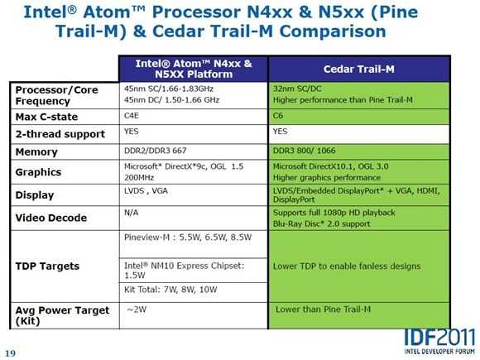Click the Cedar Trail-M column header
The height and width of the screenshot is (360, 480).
[359, 70]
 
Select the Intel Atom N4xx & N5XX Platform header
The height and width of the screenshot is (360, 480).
[194, 69]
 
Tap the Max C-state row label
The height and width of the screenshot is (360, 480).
[46, 117]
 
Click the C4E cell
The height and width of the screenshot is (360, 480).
[132, 116]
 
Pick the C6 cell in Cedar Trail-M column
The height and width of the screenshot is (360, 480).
[278, 116]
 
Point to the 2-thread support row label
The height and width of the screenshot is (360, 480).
[60, 134]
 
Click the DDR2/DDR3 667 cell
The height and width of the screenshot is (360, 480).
[156, 151]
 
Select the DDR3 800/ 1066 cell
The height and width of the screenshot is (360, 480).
[304, 151]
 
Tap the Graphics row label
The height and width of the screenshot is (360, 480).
[38, 172]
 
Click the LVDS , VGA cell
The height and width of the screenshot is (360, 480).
[146, 190]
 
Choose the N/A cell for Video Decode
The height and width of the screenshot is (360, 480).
[132, 213]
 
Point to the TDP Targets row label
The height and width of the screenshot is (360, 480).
[47, 266]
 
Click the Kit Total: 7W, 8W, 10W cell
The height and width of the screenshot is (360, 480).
[170, 290]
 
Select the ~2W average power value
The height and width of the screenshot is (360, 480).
[137, 310]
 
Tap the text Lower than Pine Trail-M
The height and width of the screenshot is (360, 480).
[323, 310]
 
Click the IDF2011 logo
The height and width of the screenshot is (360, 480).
[439, 341]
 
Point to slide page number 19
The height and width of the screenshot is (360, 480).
[11, 353]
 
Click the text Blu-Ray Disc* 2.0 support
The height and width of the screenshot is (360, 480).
[321, 223]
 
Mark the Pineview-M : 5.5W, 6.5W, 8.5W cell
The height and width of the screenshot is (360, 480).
[188, 238]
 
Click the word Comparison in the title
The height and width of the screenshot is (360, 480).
[333, 31]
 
